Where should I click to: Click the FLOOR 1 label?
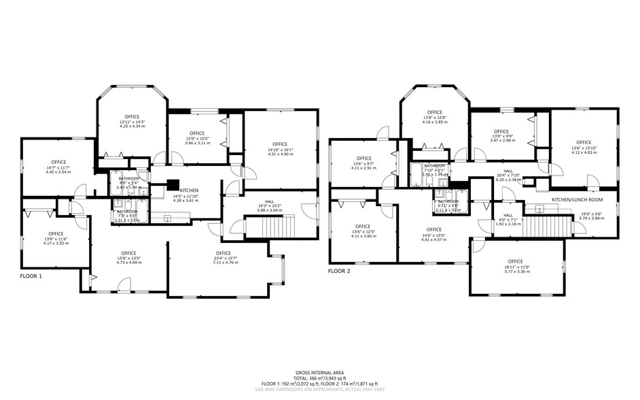point(31,276)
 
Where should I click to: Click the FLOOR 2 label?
point(340,271)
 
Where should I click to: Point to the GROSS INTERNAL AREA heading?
point(319,372)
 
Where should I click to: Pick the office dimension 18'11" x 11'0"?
point(515,267)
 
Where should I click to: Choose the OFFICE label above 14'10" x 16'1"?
point(279,144)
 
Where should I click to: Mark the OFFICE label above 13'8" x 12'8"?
point(435,112)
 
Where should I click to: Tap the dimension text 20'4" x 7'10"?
point(508,176)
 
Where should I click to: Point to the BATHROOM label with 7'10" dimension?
point(434,166)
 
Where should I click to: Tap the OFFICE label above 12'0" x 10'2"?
point(197,133)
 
